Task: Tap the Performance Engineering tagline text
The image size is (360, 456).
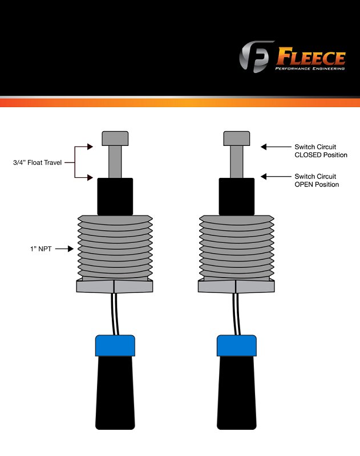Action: (x=310, y=69)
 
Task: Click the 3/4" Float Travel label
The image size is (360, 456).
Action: (x=38, y=162)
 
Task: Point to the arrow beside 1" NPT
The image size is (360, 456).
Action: (x=68, y=249)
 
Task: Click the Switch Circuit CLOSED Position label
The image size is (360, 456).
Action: (x=315, y=150)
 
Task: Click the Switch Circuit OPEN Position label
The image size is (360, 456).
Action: (x=315, y=180)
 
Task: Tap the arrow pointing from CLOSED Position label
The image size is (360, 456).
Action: (x=274, y=146)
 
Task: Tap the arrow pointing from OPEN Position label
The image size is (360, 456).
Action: (x=274, y=176)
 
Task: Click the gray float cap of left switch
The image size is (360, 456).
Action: (x=115, y=138)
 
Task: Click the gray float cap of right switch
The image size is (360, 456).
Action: (x=236, y=138)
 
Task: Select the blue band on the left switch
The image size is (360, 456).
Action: (x=115, y=344)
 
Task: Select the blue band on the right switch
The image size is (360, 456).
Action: (x=236, y=344)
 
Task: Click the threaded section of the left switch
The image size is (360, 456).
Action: (x=115, y=247)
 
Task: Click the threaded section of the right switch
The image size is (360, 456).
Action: (x=236, y=247)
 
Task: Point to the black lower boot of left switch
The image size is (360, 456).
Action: (x=115, y=393)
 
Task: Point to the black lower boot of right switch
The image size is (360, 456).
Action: (x=236, y=393)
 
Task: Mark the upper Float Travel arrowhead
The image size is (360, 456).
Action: (x=90, y=146)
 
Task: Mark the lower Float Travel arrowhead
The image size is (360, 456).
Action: (x=90, y=178)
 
